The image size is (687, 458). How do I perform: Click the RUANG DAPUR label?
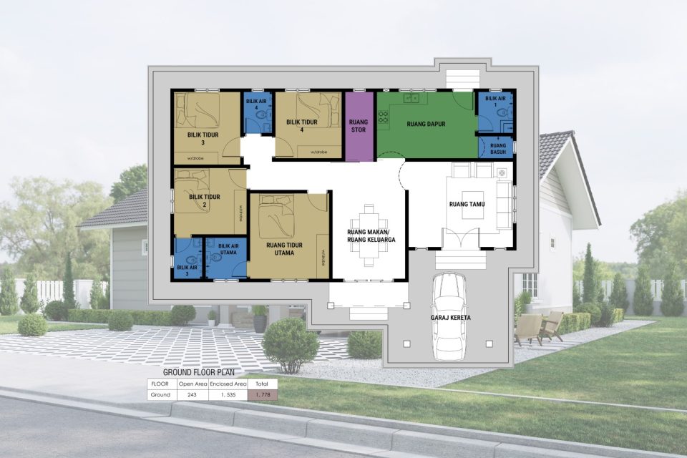click(426, 124)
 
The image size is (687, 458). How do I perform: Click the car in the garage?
click(450, 315)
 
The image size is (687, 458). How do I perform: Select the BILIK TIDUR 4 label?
click(301, 125)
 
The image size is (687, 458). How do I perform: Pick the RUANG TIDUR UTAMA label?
click(284, 248)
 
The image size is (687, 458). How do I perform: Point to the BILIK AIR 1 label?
click(494, 101)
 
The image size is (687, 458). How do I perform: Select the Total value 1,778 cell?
click(262, 394)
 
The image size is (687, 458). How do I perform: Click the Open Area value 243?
click(192, 394)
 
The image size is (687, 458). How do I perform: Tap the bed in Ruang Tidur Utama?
click(276, 215)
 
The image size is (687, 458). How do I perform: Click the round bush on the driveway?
click(290, 344)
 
